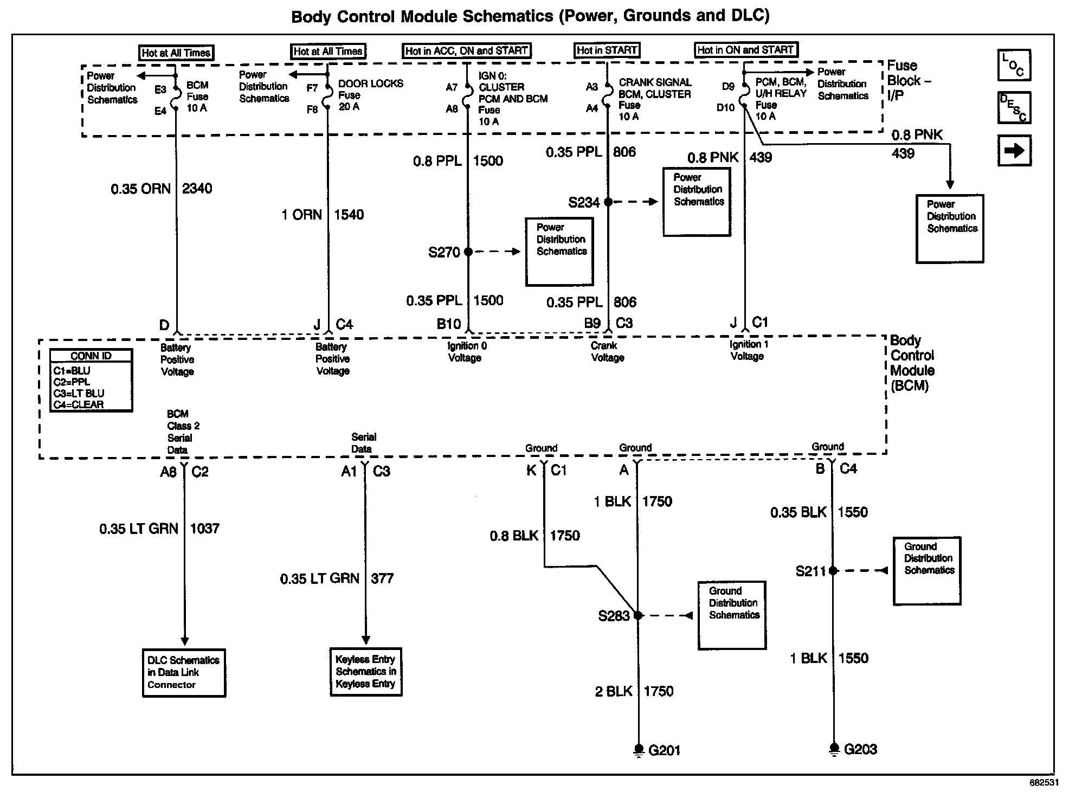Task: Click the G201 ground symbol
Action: pyautogui.click(x=639, y=750)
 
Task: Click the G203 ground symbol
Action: pyautogui.click(x=834, y=749)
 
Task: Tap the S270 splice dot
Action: pyautogui.click(x=468, y=252)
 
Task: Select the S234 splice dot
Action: pyautogui.click(x=608, y=202)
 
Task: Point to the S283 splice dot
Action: pyautogui.click(x=639, y=615)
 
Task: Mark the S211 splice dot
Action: pyautogui.click(x=834, y=570)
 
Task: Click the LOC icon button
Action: pyautogui.click(x=1014, y=65)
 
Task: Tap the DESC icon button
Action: pyautogui.click(x=1014, y=107)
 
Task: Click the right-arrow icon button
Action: pyautogui.click(x=1014, y=150)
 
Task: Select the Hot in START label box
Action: pyautogui.click(x=607, y=50)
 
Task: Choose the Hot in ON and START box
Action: pyautogui.click(x=745, y=50)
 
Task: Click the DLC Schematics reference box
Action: pyautogui.click(x=184, y=672)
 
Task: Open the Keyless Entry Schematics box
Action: pyautogui.click(x=366, y=672)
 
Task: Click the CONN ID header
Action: pyautogui.click(x=91, y=356)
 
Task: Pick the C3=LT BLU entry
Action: pyautogui.click(x=79, y=393)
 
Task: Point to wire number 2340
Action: pyautogui.click(x=197, y=189)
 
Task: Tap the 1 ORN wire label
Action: pyautogui.click(x=301, y=215)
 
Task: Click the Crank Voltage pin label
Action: pyautogui.click(x=607, y=351)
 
